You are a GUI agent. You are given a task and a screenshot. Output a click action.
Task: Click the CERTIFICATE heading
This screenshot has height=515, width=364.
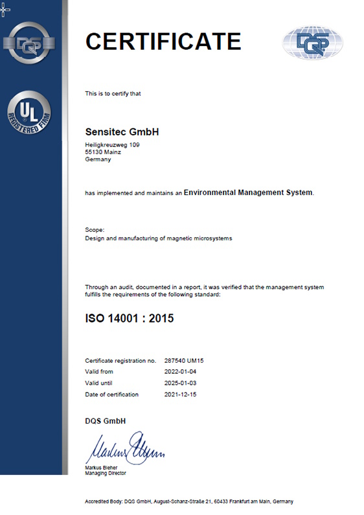tap(163, 41)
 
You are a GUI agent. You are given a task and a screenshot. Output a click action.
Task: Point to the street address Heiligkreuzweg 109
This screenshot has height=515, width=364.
tap(112, 144)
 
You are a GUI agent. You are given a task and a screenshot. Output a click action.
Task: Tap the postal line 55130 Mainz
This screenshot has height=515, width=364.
tap(104, 152)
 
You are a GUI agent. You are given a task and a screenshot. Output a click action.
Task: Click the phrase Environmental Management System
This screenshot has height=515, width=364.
tap(248, 192)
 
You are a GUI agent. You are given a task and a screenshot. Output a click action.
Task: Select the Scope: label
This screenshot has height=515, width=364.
tap(95, 230)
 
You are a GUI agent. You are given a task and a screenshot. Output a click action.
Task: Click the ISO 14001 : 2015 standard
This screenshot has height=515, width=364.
tap(130, 318)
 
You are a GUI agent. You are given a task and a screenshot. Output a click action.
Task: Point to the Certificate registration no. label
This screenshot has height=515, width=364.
tap(120, 360)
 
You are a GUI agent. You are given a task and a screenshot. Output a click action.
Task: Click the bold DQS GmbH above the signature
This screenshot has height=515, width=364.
tap(106, 421)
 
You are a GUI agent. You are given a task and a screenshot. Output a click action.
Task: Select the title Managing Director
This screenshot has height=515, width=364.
tap(106, 473)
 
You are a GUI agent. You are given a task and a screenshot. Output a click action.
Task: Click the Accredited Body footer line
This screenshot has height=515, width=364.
tap(189, 501)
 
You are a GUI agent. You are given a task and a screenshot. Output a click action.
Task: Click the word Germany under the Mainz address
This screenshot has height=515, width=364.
tap(98, 159)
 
